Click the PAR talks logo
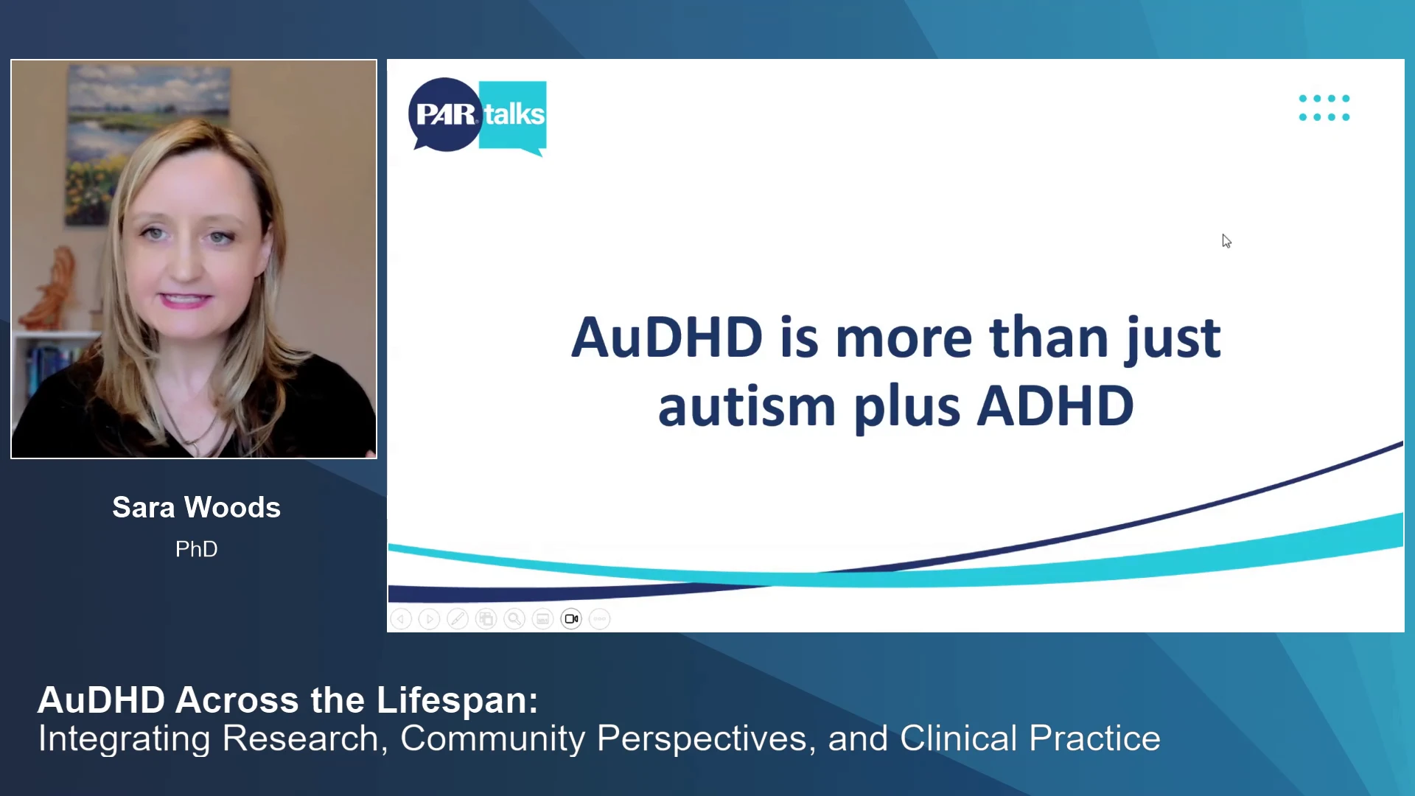click(478, 116)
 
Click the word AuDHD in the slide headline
click(666, 338)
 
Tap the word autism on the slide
click(747, 406)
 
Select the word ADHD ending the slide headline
click(1055, 406)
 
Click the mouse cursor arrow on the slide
click(1226, 241)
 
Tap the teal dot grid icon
click(1324, 108)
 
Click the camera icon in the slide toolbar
click(571, 619)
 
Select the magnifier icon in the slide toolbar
click(514, 619)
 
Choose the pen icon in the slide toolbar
click(458, 619)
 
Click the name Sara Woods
click(196, 507)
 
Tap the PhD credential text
click(196, 549)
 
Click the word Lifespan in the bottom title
click(457, 701)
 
